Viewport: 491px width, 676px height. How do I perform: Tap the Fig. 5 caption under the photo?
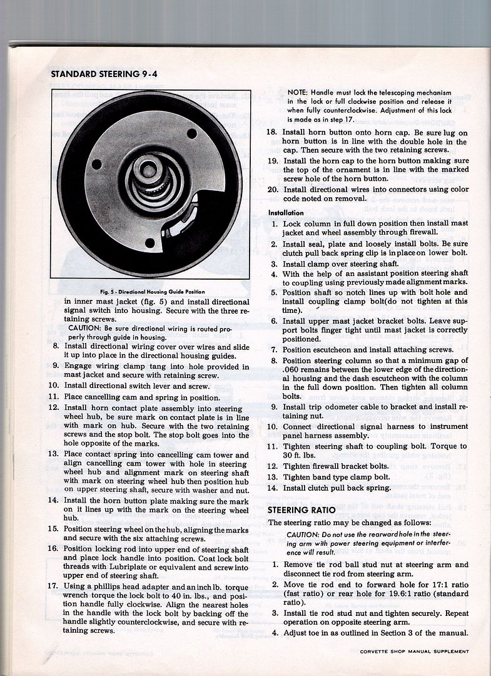[152, 292]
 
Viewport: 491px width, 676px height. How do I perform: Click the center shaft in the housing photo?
[149, 170]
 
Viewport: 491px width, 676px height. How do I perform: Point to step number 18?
[272, 133]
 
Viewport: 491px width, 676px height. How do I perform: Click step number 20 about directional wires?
[272, 190]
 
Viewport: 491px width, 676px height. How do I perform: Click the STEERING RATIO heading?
[303, 509]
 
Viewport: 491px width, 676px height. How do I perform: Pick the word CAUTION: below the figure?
[86, 327]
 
